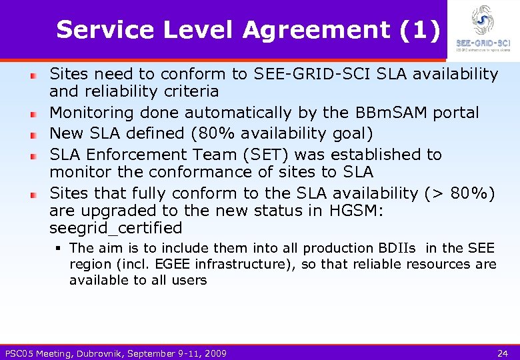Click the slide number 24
click(503, 353)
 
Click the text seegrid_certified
click(116, 228)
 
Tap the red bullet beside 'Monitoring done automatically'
click(33, 114)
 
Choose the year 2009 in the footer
click(214, 353)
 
